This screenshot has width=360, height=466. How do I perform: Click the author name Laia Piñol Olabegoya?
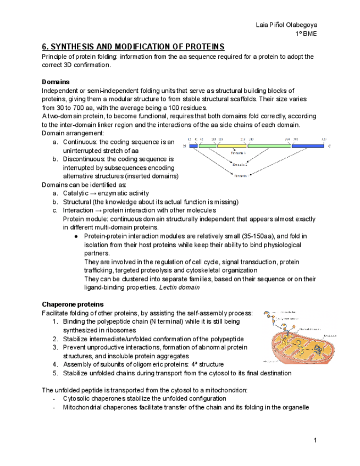click(x=286, y=25)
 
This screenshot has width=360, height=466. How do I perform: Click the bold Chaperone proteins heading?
click(x=73, y=304)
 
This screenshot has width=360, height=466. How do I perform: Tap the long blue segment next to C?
click(x=310, y=146)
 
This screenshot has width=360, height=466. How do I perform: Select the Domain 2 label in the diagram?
click(x=240, y=164)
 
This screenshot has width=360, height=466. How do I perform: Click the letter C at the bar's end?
click(x=330, y=146)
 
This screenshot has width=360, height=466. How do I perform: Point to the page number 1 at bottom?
click(x=315, y=440)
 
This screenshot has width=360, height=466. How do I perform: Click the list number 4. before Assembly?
click(x=55, y=364)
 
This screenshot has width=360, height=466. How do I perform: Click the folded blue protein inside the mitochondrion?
click(x=302, y=346)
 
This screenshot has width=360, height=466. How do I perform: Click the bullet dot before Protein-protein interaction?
click(x=75, y=236)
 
